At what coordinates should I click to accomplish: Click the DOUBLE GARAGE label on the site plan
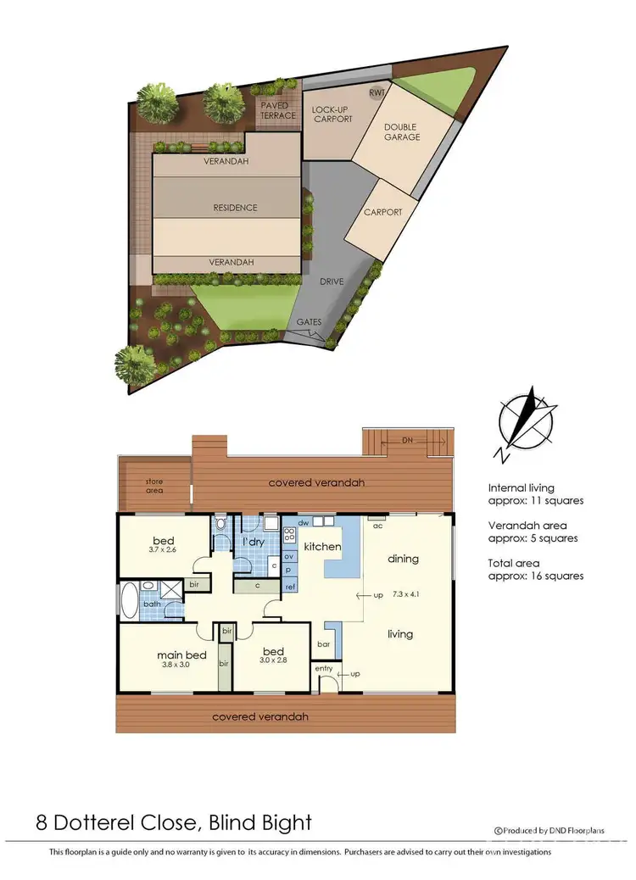402,131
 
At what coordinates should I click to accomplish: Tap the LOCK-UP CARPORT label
332,114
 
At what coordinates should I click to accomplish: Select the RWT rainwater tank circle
375,92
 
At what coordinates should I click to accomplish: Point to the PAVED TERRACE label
278,110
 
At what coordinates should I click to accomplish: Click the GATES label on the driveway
308,323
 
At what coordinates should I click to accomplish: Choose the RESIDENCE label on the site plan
235,208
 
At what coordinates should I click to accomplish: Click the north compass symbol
527,423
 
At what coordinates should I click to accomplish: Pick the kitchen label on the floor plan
322,547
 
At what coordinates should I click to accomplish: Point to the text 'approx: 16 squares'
535,576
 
